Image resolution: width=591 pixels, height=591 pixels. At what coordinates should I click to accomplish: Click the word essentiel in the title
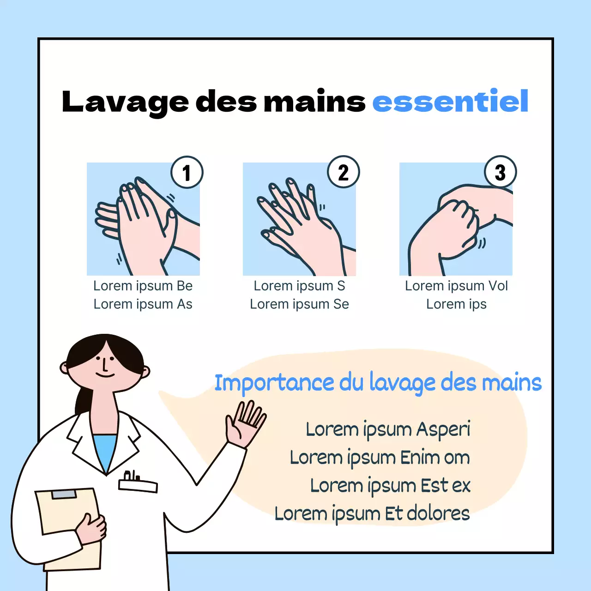click(450, 102)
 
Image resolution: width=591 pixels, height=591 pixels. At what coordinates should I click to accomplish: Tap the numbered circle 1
click(187, 172)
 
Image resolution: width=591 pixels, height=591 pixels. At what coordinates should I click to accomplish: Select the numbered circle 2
click(344, 172)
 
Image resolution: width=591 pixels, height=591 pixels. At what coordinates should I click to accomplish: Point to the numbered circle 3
click(501, 172)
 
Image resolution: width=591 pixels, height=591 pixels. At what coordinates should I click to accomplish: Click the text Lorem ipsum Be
click(143, 286)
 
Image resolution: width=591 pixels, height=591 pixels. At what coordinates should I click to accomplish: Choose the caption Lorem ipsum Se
click(299, 304)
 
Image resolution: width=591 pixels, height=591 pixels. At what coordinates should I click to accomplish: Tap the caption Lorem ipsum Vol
click(456, 286)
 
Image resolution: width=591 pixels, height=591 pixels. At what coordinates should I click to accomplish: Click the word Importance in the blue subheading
click(274, 383)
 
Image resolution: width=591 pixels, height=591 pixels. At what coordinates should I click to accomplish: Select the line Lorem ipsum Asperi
click(388, 429)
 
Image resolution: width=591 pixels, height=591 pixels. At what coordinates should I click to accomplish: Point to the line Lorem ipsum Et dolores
click(372, 513)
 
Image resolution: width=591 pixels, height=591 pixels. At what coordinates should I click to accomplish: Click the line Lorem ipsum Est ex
click(390, 486)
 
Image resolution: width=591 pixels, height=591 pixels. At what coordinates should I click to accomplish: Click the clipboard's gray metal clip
click(64, 495)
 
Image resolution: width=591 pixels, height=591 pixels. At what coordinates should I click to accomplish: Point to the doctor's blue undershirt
click(106, 450)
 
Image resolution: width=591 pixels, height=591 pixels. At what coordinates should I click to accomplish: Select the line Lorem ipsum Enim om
click(380, 458)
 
